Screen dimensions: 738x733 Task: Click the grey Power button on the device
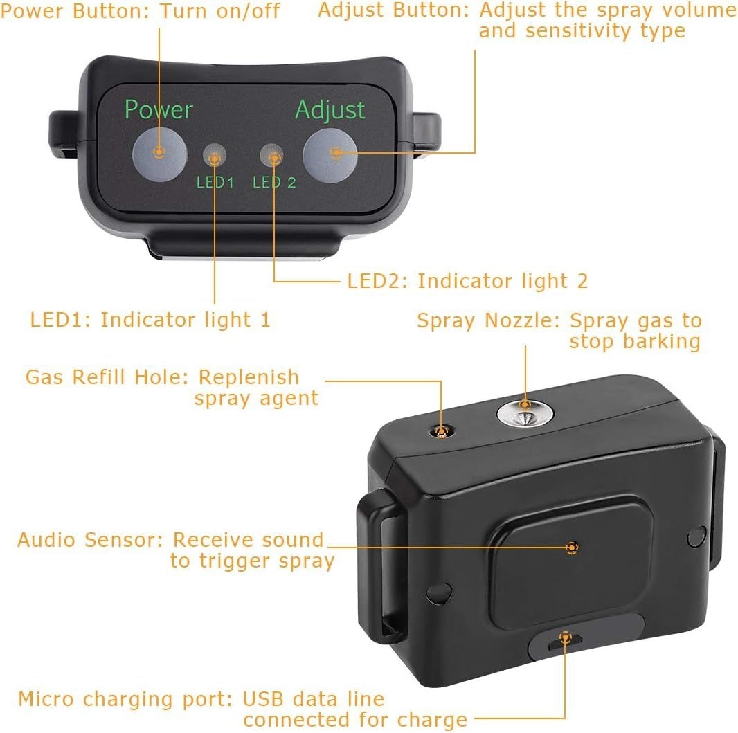click(159, 152)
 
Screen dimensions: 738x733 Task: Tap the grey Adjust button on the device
click(330, 152)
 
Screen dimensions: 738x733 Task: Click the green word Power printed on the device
click(159, 109)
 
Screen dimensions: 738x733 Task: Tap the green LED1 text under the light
click(215, 182)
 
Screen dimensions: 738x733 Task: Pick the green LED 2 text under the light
click(274, 182)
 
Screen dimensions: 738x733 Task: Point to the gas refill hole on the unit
click(442, 431)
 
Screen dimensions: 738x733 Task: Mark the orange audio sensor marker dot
click(572, 548)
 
